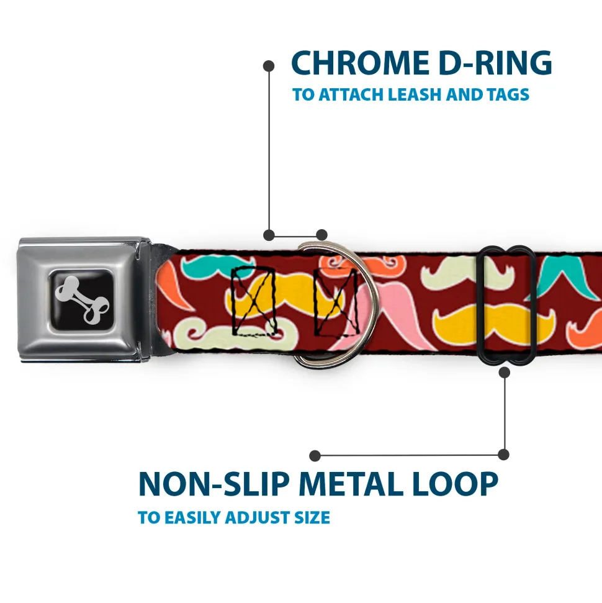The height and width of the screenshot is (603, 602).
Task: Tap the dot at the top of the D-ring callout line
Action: click(269, 65)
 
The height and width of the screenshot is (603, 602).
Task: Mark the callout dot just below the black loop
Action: click(504, 372)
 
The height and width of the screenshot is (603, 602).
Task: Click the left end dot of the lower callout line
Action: click(315, 456)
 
